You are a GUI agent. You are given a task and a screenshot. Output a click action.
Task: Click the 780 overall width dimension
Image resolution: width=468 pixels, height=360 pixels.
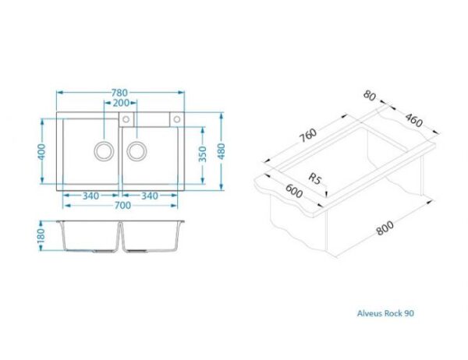click(x=119, y=93)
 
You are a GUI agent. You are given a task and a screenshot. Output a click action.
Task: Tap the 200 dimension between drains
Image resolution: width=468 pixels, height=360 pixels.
click(x=121, y=103)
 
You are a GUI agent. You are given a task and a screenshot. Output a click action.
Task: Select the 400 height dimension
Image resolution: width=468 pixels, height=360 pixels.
click(x=41, y=151)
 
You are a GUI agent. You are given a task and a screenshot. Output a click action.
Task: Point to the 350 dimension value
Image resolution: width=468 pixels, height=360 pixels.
click(x=202, y=154)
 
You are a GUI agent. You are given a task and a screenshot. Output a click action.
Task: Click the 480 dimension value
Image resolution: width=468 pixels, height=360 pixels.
click(x=222, y=151)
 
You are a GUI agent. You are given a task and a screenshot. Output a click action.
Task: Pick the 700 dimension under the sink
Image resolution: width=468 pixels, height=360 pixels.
click(x=122, y=206)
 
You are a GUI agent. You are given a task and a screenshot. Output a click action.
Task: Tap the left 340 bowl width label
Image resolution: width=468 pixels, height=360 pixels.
click(x=90, y=196)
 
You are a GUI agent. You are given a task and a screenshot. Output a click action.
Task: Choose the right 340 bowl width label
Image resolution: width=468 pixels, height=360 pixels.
click(x=150, y=196)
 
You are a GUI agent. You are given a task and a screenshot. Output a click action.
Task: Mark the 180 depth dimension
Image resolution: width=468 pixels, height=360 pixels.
click(x=41, y=235)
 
